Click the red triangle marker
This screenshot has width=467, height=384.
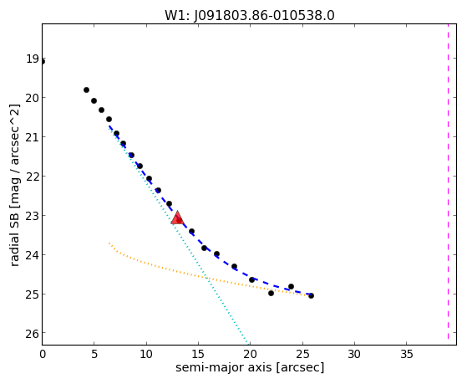coord(177,218)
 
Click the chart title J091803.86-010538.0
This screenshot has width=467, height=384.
coord(265,16)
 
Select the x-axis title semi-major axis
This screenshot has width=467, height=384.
coord(223,367)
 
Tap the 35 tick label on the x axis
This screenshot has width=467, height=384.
coord(407,355)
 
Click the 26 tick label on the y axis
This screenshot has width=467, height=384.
coord(32,334)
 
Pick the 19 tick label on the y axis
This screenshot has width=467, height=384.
coord(32,59)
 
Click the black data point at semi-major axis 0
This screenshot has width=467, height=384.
coord(43,62)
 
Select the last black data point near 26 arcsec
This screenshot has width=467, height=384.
coord(311,295)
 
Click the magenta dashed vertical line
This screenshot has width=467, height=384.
coord(448,184)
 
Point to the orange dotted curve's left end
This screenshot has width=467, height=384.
coord(109,243)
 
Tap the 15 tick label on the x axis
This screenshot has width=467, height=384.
coord(198,355)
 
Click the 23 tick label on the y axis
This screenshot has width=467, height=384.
coord(32,215)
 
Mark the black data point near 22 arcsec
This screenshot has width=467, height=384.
coord(271,293)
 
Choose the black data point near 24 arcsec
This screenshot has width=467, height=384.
coord(291,286)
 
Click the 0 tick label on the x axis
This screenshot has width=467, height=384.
coord(43,355)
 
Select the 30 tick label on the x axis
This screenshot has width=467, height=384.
coord(354,355)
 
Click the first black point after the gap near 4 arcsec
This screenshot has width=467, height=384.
coord(86,90)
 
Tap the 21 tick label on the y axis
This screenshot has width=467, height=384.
coord(32,137)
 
